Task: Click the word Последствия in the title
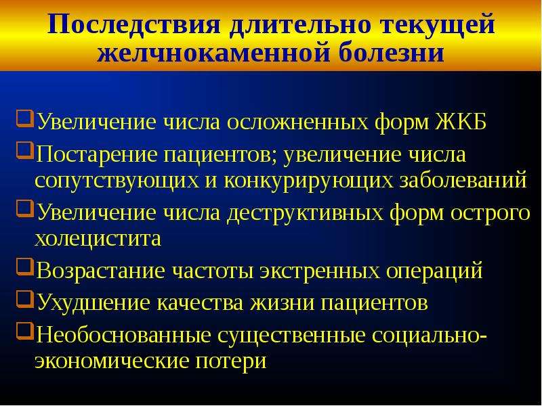tap(133, 25)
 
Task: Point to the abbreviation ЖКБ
tap(461, 121)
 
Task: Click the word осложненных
tap(298, 122)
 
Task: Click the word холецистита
tap(98, 238)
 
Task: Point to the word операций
tap(434, 271)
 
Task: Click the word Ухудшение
tap(93, 302)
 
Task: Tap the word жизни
tap(283, 302)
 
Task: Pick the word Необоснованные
tap(124, 335)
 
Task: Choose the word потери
tap(231, 361)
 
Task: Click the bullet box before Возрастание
tap(25, 267)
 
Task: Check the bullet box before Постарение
tap(25, 151)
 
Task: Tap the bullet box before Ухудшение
tap(25, 299)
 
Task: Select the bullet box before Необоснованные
tap(25, 332)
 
